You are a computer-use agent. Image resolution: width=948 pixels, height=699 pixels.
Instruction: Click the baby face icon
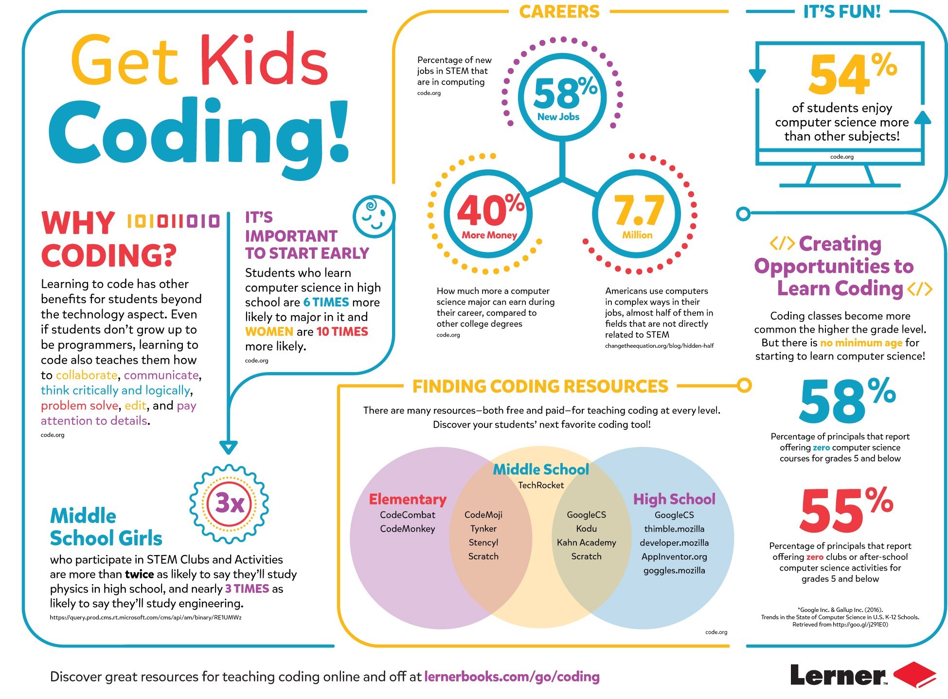tap(374, 216)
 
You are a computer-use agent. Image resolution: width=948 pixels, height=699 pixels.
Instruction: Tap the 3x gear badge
tap(229, 503)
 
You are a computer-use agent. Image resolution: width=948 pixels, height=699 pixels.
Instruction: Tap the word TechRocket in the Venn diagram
tap(540, 485)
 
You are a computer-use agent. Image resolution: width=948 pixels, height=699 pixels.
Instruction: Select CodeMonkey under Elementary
tap(408, 529)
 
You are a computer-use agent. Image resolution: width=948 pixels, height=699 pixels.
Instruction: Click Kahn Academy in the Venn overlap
tap(586, 542)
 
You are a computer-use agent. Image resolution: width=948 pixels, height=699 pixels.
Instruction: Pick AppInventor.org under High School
tap(674, 556)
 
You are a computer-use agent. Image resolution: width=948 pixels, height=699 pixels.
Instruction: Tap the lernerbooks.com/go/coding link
tap(512, 677)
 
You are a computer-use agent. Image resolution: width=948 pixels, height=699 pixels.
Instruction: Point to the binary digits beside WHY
tap(173, 221)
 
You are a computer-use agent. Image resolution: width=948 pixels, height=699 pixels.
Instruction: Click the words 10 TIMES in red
tap(342, 332)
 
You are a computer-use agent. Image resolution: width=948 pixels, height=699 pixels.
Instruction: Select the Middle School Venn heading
tap(540, 469)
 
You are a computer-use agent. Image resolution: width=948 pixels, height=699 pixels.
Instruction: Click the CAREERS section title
tap(559, 12)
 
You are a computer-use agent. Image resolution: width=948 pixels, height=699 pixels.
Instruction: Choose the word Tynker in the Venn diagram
tap(483, 529)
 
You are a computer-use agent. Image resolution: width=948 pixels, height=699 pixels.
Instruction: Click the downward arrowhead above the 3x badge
tap(228, 447)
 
